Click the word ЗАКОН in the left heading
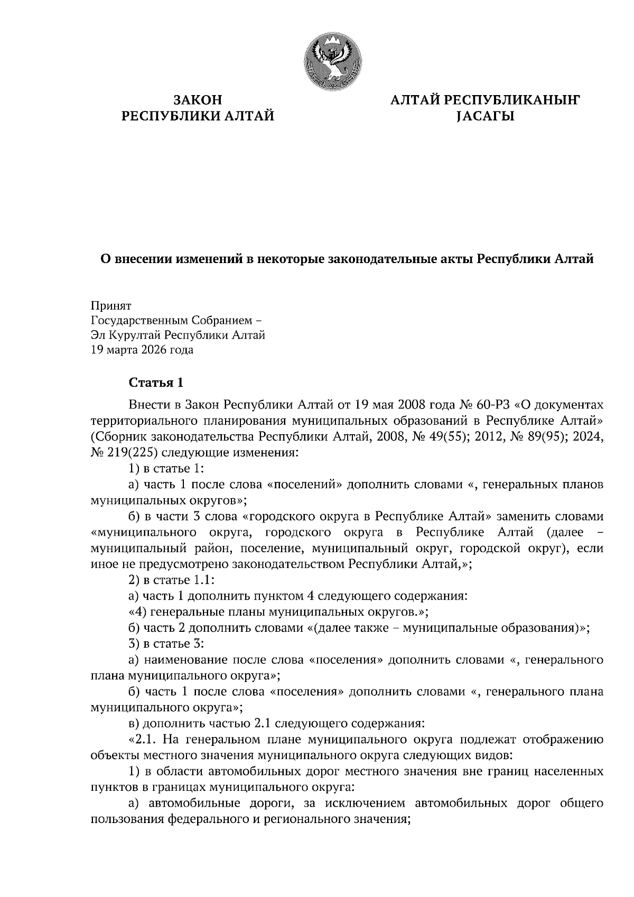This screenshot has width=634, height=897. pyautogui.click(x=198, y=100)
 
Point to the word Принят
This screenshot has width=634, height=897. pyautogui.click(x=111, y=306)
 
